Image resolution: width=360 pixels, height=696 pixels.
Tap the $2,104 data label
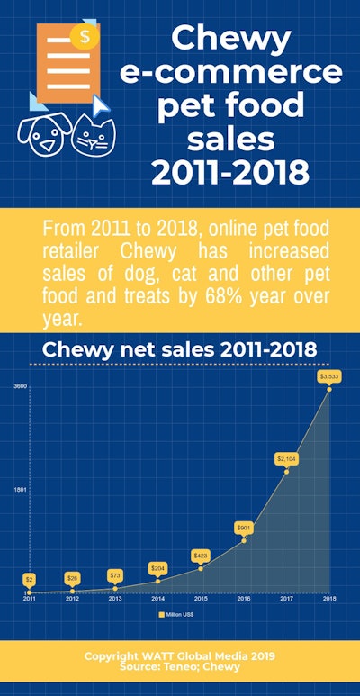(287, 459)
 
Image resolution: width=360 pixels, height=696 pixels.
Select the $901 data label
(244, 527)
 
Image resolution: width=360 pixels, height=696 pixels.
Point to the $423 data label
(201, 556)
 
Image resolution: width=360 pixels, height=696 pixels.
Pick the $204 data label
(158, 568)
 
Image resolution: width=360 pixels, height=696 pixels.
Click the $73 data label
(115, 574)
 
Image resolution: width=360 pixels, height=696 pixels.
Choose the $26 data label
(72, 577)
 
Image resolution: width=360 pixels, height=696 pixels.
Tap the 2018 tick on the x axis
(329, 598)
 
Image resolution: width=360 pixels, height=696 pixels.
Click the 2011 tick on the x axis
(30, 598)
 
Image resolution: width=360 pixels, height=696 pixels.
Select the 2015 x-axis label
(201, 598)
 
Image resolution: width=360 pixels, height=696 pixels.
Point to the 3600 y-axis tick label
(19, 387)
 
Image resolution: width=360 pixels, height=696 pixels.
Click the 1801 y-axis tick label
(19, 489)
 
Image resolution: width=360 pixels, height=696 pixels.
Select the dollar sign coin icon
(85, 36)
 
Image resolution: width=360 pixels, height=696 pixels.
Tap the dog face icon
(43, 135)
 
